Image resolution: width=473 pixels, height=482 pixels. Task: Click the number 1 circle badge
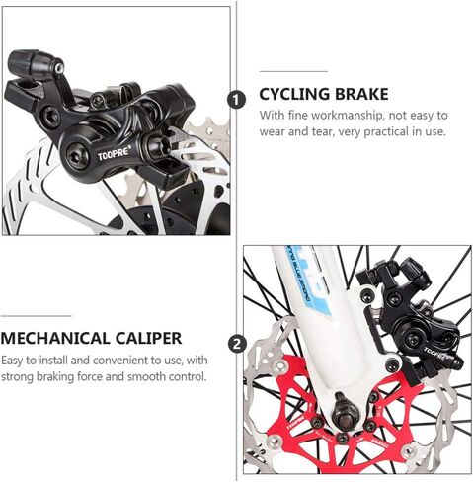click(237, 100)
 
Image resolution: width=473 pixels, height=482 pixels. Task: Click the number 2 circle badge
click(237, 344)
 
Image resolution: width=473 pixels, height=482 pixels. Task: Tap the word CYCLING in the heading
click(294, 94)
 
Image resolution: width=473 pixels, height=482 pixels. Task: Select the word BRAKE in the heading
click(362, 94)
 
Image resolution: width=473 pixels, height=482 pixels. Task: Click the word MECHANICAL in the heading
click(54, 338)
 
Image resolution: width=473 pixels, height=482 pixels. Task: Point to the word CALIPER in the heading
click(148, 338)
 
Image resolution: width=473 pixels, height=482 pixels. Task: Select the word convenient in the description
click(119, 361)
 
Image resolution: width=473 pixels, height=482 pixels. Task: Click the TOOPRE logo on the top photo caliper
click(114, 153)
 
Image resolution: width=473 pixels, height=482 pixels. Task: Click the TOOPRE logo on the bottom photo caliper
click(435, 353)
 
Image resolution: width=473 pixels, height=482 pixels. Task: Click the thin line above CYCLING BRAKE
click(293, 71)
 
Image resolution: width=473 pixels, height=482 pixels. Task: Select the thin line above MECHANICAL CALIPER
click(36, 316)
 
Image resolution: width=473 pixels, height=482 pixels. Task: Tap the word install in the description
click(53, 361)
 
